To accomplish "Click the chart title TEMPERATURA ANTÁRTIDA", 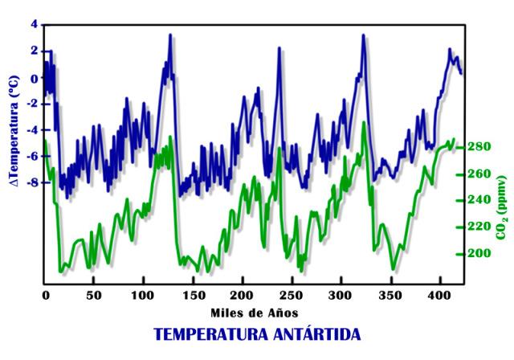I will [257, 333].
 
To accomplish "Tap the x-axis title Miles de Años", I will [256, 312].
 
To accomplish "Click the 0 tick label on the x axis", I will [46, 296].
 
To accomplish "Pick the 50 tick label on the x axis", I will [94, 296].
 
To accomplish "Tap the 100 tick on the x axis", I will [143, 296].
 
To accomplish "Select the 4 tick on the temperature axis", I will [35, 25].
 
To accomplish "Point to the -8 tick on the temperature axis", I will [32, 182].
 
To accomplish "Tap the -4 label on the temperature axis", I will [32, 130].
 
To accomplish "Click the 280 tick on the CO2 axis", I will [479, 147].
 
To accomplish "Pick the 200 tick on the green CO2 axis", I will [479, 253].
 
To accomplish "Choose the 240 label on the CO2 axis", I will [479, 200].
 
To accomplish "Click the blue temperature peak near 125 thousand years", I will [170, 35].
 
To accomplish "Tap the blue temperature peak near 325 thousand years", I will [363, 35].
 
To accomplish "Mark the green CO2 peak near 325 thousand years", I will [364, 123].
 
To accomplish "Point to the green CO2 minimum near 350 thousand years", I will [393, 269].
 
